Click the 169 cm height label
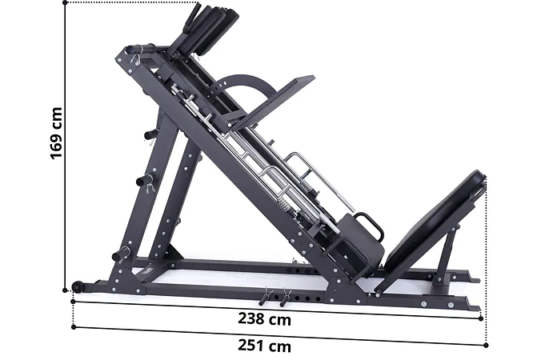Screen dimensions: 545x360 (56, 134)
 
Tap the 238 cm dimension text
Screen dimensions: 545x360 (264, 318)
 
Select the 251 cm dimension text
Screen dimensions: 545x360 (264, 346)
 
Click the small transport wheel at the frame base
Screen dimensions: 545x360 (77, 286)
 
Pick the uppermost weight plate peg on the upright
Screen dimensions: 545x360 (150, 134)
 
